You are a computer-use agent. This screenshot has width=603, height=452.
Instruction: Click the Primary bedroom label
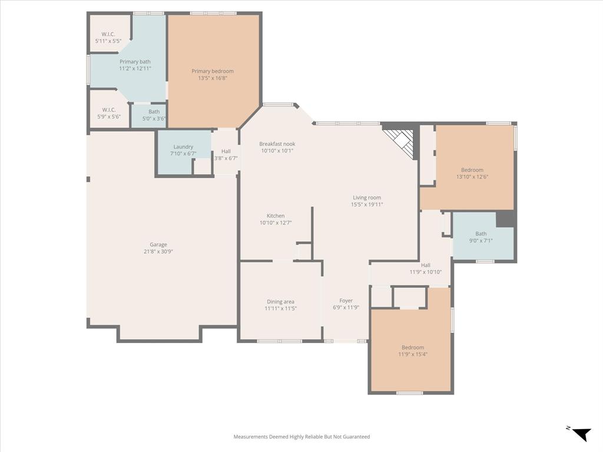click(x=213, y=71)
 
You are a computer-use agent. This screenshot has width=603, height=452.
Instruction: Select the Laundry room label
click(x=183, y=147)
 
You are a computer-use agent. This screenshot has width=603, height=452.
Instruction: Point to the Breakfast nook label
click(x=277, y=144)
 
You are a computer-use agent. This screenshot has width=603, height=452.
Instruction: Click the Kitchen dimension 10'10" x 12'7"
click(x=276, y=223)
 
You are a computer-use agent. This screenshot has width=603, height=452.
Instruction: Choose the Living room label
click(x=367, y=198)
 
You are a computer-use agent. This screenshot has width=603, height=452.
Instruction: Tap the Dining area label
click(x=280, y=301)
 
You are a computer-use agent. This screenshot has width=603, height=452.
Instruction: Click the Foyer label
click(x=346, y=301)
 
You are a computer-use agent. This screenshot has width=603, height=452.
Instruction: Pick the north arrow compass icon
click(x=581, y=434)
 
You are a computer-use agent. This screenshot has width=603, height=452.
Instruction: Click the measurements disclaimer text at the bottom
click(x=301, y=437)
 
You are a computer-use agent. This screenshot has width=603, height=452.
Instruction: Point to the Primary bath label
click(x=135, y=62)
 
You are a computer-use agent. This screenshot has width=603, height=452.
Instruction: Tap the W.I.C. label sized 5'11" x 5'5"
click(x=108, y=34)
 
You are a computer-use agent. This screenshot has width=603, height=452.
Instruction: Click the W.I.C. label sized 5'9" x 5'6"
click(x=108, y=110)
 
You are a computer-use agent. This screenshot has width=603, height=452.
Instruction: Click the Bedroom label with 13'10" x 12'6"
click(x=472, y=170)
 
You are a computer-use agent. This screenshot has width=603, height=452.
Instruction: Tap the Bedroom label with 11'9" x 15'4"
click(x=413, y=347)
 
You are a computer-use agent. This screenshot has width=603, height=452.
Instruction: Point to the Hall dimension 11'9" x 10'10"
click(x=425, y=272)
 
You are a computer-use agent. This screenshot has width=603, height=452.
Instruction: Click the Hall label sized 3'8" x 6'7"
click(x=226, y=151)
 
